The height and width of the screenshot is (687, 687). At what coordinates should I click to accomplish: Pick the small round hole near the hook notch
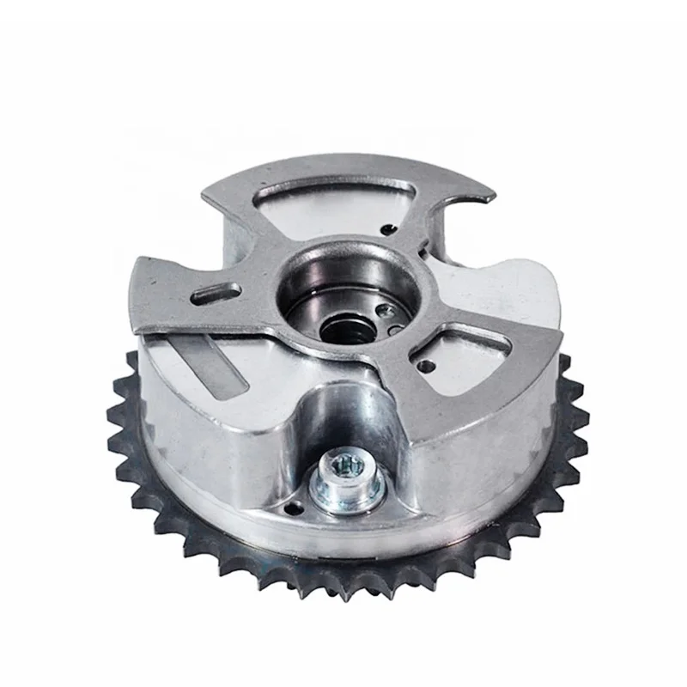pyautogui.click(x=391, y=228)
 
